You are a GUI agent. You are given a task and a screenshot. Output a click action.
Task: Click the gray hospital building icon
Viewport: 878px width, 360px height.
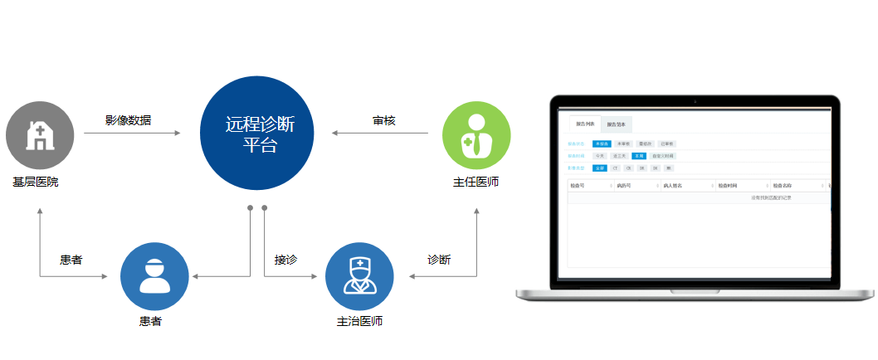(40, 135)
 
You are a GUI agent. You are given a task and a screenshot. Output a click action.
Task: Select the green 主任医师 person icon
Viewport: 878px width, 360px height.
(476, 135)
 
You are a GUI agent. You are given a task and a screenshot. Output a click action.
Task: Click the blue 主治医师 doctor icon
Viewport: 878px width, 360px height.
(359, 276)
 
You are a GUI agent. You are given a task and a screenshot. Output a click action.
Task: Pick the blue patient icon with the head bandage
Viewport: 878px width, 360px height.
(154, 276)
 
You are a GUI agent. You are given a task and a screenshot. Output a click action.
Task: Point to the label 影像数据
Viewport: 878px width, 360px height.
(129, 119)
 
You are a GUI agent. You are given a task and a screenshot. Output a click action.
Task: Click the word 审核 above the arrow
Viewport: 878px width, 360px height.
(384, 120)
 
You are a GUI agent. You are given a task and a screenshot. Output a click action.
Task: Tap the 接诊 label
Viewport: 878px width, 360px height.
(285, 260)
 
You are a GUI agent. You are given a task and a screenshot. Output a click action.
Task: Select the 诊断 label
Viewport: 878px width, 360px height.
(438, 260)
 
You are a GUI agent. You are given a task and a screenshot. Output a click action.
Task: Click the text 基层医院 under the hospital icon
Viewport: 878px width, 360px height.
(36, 182)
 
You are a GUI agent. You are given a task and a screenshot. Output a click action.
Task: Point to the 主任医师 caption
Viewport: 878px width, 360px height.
(476, 182)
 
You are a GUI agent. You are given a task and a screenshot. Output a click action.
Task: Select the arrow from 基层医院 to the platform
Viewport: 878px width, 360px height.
(133, 133)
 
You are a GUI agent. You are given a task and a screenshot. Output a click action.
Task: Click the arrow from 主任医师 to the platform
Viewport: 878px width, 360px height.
(379, 133)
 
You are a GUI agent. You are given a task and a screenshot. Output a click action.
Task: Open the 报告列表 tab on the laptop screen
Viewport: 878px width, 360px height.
(585, 124)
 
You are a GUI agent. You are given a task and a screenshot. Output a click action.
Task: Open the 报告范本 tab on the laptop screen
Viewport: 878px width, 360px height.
(617, 124)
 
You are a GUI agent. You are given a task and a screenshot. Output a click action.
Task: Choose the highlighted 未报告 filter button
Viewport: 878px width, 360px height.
(602, 144)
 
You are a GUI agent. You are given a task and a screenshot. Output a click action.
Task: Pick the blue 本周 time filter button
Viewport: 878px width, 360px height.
(639, 155)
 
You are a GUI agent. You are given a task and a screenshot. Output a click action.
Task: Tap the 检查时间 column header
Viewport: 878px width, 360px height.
(729, 185)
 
